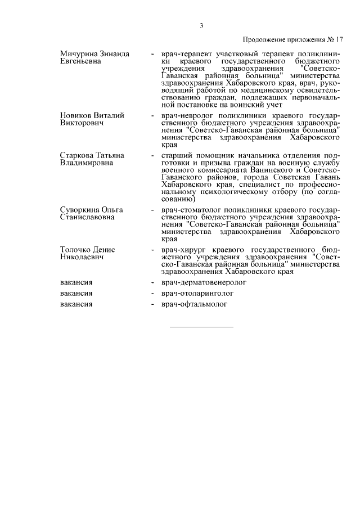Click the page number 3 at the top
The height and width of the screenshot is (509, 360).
(201, 25)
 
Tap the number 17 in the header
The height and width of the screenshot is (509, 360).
(339, 40)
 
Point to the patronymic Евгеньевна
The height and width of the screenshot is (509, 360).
(80, 61)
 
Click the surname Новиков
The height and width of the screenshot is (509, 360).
(77, 115)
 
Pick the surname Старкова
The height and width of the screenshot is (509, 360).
(78, 155)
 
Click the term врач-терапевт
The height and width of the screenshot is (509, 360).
(184, 54)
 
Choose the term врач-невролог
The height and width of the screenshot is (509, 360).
(185, 115)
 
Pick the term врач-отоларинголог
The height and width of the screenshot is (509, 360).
(196, 293)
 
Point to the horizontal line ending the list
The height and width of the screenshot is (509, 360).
(201, 326)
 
